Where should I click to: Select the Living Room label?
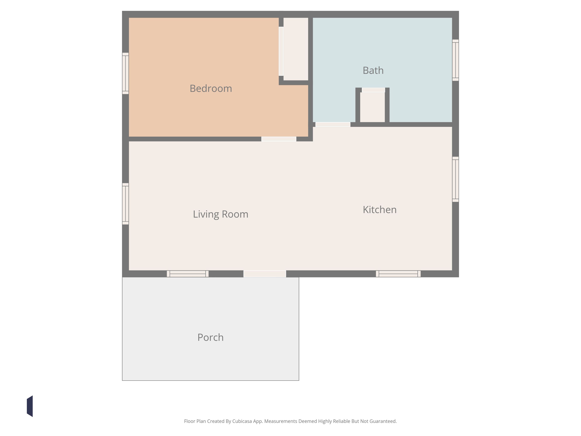point(221,214)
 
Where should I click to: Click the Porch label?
point(210,338)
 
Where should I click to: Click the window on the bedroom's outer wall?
point(126,73)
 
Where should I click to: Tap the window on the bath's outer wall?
point(455,60)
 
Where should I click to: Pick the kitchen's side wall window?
point(455,179)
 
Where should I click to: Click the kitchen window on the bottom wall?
point(398,274)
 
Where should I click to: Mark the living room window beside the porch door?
point(188,274)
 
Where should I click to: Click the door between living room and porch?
point(265,274)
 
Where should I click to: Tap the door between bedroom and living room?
point(279,139)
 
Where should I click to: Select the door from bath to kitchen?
point(333,125)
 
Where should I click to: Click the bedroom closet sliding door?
point(281,51)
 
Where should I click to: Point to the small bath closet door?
point(373,90)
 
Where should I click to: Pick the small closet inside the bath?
point(372,107)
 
